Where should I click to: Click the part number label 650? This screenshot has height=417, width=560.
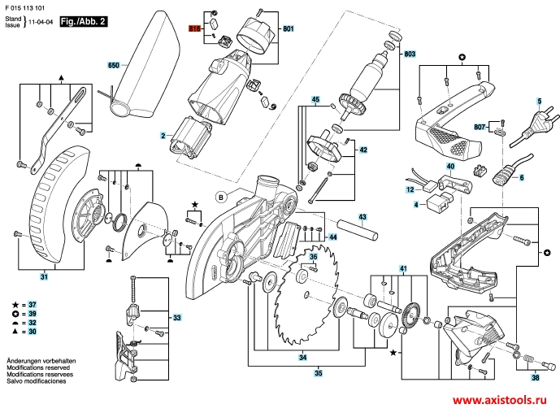pyautogui.click(x=114, y=63)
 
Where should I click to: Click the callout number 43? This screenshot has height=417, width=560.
pyautogui.click(x=362, y=217)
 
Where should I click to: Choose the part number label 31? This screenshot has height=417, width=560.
pyautogui.click(x=45, y=278)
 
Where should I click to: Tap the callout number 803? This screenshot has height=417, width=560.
pyautogui.click(x=410, y=54)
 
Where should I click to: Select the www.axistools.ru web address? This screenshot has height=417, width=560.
pyautogui.click(x=499, y=402)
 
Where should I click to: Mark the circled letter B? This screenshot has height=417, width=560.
pyautogui.click(x=219, y=195)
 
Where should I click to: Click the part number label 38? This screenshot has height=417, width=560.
pyautogui.click(x=534, y=378)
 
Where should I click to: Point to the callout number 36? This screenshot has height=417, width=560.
pyautogui.click(x=312, y=257)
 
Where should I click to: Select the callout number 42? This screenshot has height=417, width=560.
pyautogui.click(x=363, y=150)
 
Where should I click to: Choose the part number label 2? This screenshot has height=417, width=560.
pyautogui.click(x=163, y=136)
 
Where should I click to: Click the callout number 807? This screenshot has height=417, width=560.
pyautogui.click(x=480, y=127)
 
